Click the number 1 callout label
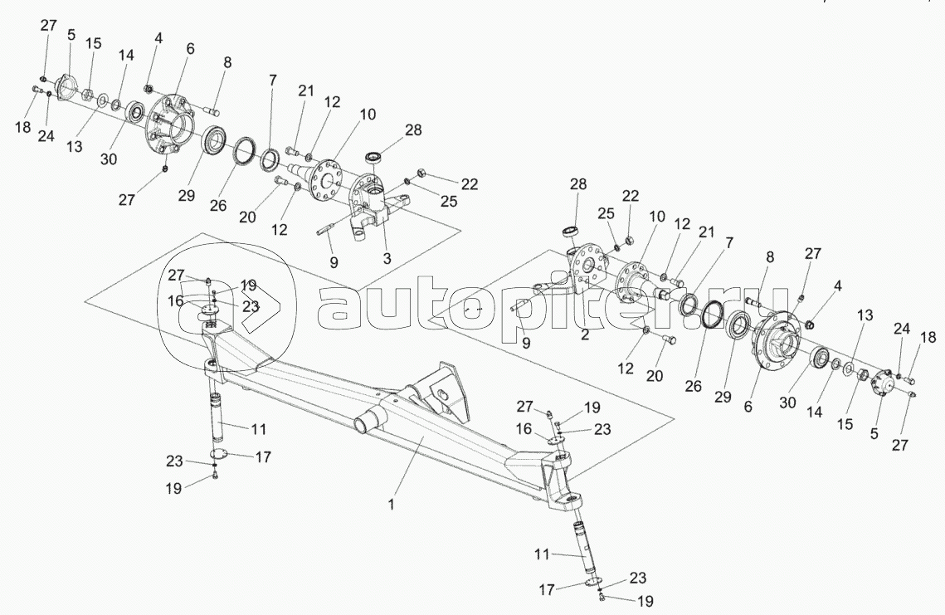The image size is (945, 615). pyautogui.click(x=391, y=505)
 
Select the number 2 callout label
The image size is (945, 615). pyautogui.click(x=585, y=334)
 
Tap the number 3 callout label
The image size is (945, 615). pyautogui.click(x=387, y=258)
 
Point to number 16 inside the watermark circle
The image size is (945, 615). pyautogui.click(x=175, y=301)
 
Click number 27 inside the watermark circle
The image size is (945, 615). pyautogui.click(x=176, y=275)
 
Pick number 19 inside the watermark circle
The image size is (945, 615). pyautogui.click(x=248, y=286)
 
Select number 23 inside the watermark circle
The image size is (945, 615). pyautogui.click(x=251, y=305)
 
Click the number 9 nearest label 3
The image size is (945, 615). pyautogui.click(x=334, y=261)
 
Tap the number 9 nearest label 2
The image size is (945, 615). pyautogui.click(x=526, y=343)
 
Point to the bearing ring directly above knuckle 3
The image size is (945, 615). pyautogui.click(x=376, y=157)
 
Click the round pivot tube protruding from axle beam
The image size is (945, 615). pyautogui.click(x=368, y=421)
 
